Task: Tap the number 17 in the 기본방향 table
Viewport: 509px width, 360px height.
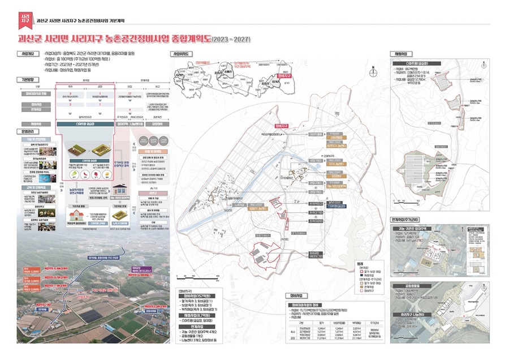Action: tap(130, 93)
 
